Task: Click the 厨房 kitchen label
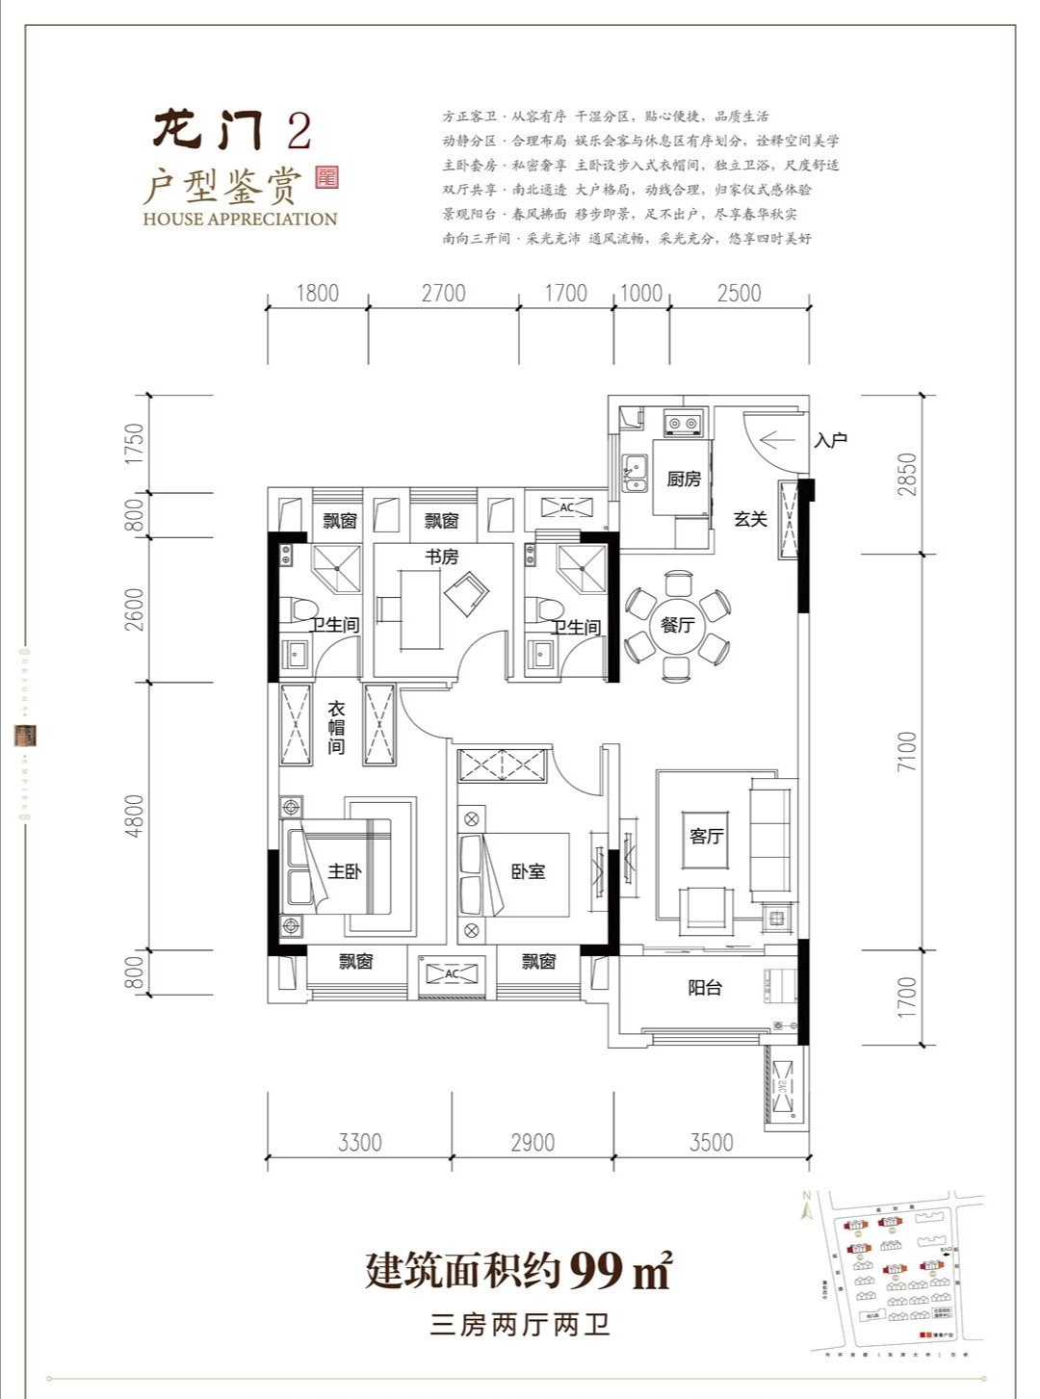click(683, 479)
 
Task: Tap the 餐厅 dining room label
click(677, 625)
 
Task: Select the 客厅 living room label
click(706, 836)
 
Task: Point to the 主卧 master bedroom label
click(344, 871)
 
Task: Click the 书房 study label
click(442, 557)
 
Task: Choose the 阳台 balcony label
click(705, 988)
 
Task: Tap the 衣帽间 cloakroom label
click(336, 728)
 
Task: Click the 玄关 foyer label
click(750, 519)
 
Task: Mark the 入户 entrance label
click(830, 440)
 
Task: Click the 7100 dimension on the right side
click(906, 752)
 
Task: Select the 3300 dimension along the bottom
click(360, 1143)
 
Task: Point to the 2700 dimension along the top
click(443, 294)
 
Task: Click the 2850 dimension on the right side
click(906, 475)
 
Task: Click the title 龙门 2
click(232, 129)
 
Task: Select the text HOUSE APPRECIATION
click(240, 219)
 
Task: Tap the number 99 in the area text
click(596, 1271)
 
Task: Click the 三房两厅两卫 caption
click(520, 1326)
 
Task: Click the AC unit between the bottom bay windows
click(452, 974)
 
